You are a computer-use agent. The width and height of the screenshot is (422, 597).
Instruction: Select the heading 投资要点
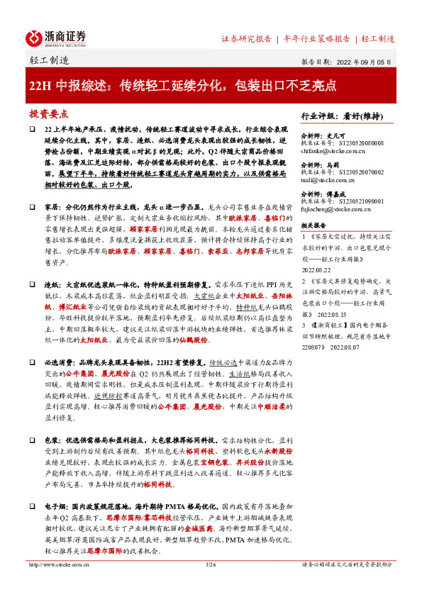click(48, 114)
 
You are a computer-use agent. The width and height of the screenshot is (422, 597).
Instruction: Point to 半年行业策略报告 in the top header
click(316, 38)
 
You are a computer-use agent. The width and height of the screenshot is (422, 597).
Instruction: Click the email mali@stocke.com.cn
click(326, 179)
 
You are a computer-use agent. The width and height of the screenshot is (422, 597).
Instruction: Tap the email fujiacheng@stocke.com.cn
click(337, 209)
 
